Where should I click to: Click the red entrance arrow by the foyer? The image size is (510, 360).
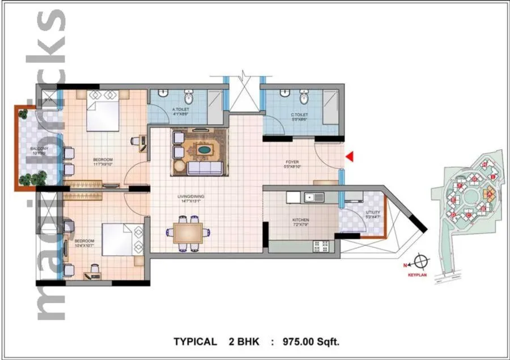pyautogui.click(x=350, y=156)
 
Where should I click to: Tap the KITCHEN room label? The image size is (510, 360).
pyautogui.click(x=301, y=221)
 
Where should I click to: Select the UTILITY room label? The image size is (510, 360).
pyautogui.click(x=358, y=214)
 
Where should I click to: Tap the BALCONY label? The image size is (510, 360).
pyautogui.click(x=23, y=149)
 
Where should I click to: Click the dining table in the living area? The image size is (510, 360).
pyautogui.click(x=188, y=232)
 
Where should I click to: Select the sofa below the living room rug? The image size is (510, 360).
pyautogui.click(x=205, y=167)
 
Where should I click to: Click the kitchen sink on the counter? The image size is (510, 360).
pyautogui.click(x=312, y=197)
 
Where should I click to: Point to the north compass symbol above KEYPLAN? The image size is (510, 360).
pyautogui.click(x=420, y=262)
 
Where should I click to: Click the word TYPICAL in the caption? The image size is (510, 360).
pyautogui.click(x=195, y=341)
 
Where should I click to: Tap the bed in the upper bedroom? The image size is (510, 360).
pyautogui.click(x=102, y=109)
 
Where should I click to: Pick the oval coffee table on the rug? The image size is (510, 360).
pyautogui.click(x=203, y=151)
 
